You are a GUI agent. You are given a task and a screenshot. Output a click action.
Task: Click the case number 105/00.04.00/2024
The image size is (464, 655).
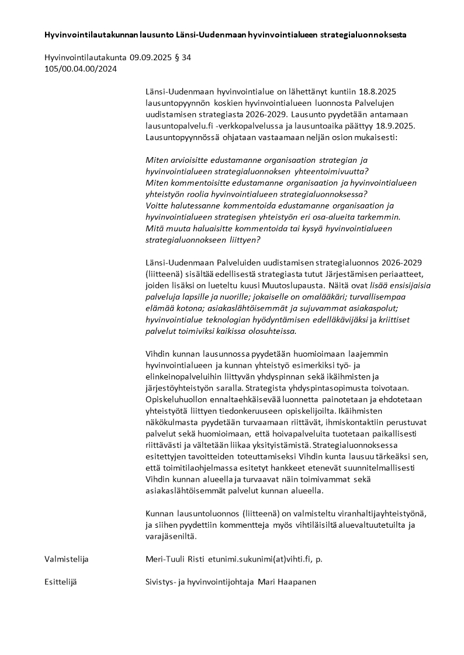click(81, 68)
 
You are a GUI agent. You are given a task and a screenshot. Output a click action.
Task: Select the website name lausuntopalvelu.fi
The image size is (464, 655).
click(174, 126)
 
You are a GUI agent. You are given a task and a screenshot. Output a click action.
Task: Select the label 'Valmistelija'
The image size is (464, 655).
click(66, 559)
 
